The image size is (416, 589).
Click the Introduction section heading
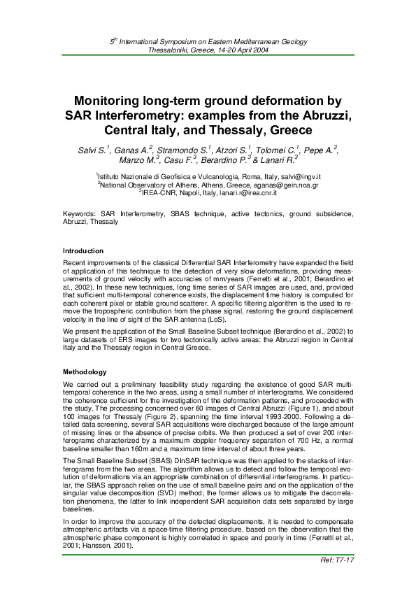(x=83, y=250)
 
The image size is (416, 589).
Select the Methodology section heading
(x=85, y=371)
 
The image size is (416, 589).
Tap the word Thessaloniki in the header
(x=169, y=50)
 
